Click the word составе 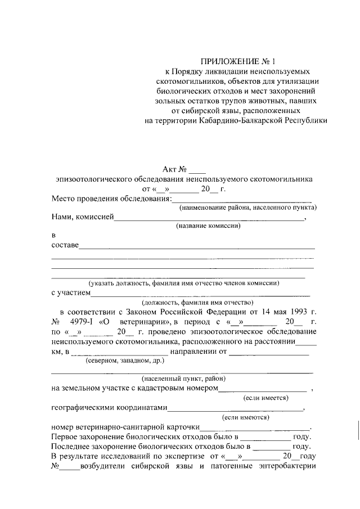coord(65,245)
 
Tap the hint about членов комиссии coord(183,283)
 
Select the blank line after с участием coord(200,292)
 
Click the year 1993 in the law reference coord(299,311)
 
